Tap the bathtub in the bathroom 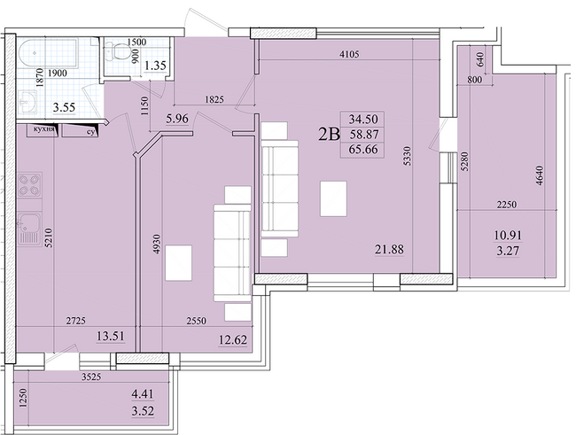pyautogui.click(x=48, y=53)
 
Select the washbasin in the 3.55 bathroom pyautogui.click(x=27, y=101)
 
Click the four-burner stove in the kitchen pyautogui.click(x=30, y=185)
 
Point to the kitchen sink pyautogui.click(x=29, y=228)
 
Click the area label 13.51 pyautogui.click(x=111, y=336)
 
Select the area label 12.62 pyautogui.click(x=233, y=340)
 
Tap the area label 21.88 pyautogui.click(x=389, y=250)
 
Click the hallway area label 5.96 pyautogui.click(x=177, y=119)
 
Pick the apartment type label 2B pyautogui.click(x=329, y=135)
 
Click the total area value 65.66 pyautogui.click(x=363, y=150)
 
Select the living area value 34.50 pyautogui.click(x=363, y=119)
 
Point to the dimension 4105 pyautogui.click(x=349, y=54)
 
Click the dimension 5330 pyautogui.click(x=408, y=156)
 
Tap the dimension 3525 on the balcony pyautogui.click(x=91, y=377)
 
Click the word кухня pyautogui.click(x=43, y=129)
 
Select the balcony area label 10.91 pyautogui.click(x=508, y=235)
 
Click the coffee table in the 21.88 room pyautogui.click(x=333, y=198)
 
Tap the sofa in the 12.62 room pyautogui.click(x=232, y=253)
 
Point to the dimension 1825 pyautogui.click(x=214, y=99)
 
